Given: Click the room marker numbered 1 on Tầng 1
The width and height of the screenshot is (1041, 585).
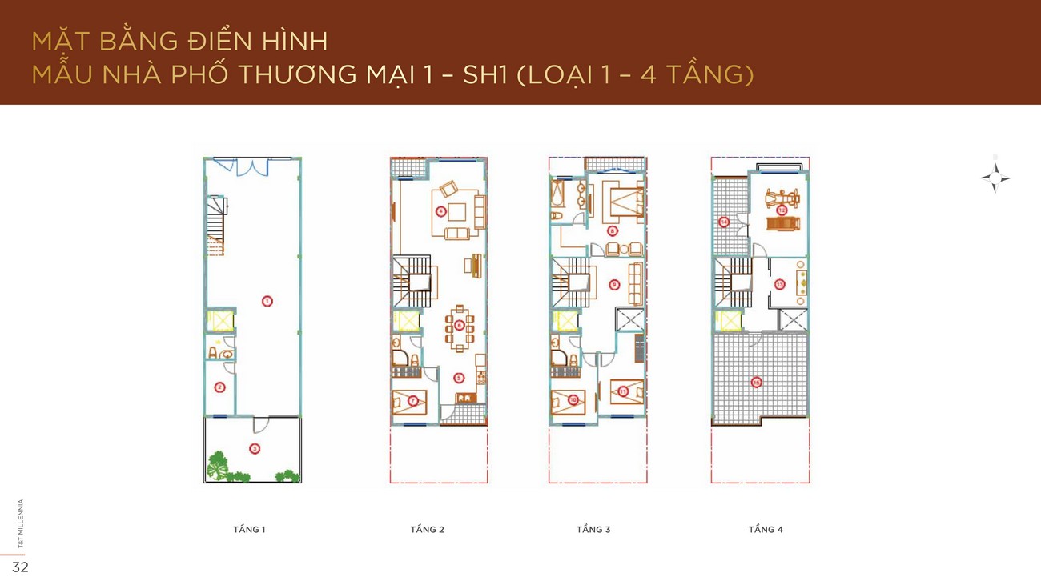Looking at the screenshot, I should click(267, 301).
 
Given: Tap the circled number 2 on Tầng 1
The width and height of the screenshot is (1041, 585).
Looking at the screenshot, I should click(219, 387).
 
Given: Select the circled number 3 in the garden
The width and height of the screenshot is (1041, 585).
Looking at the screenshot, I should click(254, 448).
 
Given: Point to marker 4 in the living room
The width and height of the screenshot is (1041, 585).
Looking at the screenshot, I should click(440, 211).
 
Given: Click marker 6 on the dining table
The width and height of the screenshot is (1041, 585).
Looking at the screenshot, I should click(459, 325).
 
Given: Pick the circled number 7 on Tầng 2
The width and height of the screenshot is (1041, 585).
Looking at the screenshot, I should click(413, 400).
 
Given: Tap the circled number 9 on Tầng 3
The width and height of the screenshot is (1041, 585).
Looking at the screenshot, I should click(613, 284).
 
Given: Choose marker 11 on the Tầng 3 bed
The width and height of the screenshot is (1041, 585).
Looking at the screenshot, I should click(624, 391).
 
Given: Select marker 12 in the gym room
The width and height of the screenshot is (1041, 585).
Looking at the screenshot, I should click(782, 210).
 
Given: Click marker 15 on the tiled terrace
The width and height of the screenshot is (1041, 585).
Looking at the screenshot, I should click(757, 383).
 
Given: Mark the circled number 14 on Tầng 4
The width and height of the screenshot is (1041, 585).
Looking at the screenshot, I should click(724, 222).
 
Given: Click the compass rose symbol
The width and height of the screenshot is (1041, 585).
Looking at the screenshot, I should click(995, 178).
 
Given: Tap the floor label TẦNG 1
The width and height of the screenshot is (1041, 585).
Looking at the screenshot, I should click(249, 529).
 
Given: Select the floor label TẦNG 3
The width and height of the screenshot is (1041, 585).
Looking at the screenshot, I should click(593, 529).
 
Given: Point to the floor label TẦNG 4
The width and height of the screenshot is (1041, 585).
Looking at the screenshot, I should click(766, 529).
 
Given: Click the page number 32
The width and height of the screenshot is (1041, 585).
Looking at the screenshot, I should click(20, 567).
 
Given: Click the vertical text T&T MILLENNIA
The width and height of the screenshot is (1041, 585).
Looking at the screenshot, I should click(21, 523).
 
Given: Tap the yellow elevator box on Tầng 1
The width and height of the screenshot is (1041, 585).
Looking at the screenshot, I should click(219, 321).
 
